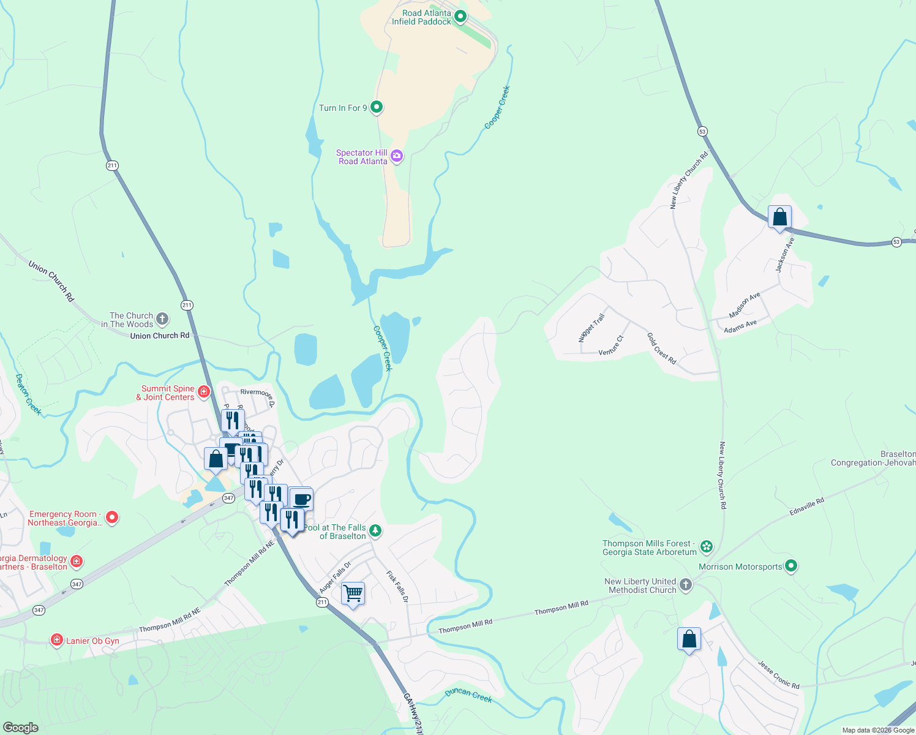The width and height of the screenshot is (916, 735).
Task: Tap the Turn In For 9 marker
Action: pos(377,107)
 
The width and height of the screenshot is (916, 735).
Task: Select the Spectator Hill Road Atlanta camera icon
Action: pos(397,156)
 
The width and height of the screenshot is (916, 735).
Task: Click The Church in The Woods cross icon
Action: pos(162,318)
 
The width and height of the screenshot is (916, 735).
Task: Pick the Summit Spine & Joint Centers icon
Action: pos(205,391)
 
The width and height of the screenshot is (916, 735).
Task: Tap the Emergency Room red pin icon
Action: pos(112,518)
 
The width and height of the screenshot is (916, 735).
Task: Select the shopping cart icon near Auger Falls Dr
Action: pos(353,593)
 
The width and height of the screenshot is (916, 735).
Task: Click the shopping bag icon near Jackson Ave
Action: pos(779,217)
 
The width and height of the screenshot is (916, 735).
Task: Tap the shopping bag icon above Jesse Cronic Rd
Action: pos(689,639)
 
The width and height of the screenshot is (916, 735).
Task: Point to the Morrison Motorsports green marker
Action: pos(791,566)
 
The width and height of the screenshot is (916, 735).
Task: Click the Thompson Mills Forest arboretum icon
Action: pos(707,546)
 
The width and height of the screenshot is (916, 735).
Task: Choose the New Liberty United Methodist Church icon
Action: pos(686,584)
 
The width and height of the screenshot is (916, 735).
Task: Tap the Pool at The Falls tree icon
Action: pos(375,530)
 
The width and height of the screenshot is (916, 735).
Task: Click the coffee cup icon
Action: pos(301,499)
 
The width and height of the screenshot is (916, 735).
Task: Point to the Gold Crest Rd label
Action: pos(661,349)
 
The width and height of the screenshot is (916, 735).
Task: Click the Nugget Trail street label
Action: pos(591,328)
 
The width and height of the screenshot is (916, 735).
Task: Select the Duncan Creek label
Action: pos(468,695)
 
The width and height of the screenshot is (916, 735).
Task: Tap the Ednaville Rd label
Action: pos(807,506)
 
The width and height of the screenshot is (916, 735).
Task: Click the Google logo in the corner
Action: pos(20,728)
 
